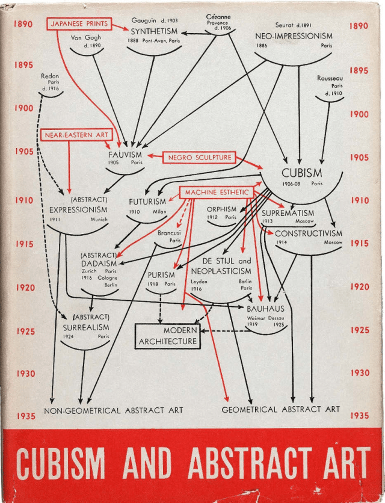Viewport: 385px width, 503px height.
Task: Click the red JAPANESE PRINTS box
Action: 80,24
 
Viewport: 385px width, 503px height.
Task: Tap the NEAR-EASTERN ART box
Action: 76,135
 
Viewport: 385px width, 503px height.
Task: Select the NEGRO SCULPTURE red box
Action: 200,158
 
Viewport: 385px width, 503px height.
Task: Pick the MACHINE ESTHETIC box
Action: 217,193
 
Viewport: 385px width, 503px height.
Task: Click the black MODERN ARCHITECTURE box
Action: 168,336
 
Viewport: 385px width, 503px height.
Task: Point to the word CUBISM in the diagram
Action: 301,173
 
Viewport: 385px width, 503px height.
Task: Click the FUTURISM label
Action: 147,202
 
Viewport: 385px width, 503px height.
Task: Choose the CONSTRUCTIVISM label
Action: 309,233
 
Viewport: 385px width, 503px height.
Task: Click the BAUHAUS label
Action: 265,309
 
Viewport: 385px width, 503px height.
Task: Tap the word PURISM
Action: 161,275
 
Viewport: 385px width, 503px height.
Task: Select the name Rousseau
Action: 330,78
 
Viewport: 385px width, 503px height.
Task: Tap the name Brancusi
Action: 169,232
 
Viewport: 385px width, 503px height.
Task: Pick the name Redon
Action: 50,76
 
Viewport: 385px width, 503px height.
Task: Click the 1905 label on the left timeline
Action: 25,152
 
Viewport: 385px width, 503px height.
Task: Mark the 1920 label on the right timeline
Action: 359,287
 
